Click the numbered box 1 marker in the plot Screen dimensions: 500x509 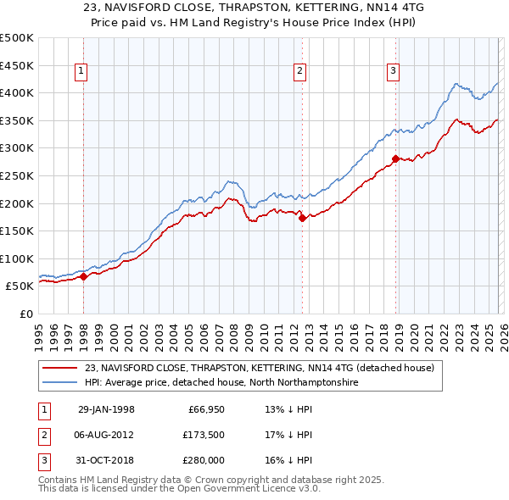(x=81, y=72)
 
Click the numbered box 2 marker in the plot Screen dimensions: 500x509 (x=300, y=72)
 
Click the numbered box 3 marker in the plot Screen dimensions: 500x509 (x=394, y=72)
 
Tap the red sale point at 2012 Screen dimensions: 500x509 (x=302, y=218)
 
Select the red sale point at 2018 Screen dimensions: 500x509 (x=396, y=158)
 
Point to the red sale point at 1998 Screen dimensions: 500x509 (x=84, y=276)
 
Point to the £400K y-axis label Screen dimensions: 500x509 (x=17, y=92)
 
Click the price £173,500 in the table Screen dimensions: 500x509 (x=201, y=435)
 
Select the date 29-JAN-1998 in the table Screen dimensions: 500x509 (x=106, y=409)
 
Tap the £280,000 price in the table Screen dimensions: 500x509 (x=201, y=460)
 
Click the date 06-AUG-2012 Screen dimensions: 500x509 (x=106, y=435)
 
